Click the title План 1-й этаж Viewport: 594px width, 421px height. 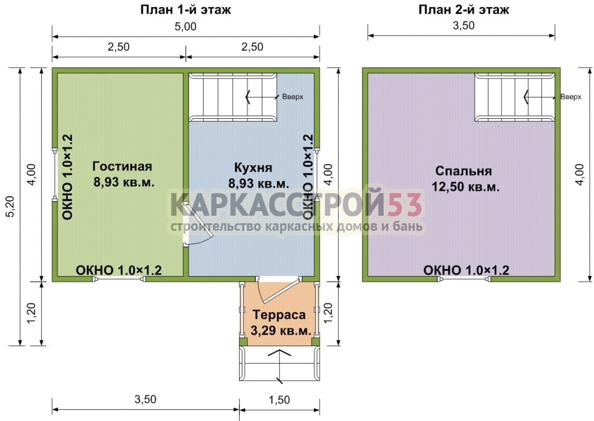(x=186, y=9)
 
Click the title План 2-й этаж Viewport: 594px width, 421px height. (x=463, y=9)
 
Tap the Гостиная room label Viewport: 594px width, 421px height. (x=122, y=166)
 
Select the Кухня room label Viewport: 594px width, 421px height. (x=253, y=168)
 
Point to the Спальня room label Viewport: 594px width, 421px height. (x=463, y=171)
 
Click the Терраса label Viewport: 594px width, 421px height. (x=279, y=315)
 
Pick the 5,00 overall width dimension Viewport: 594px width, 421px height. (x=186, y=27)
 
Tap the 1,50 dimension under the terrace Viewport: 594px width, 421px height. (x=279, y=400)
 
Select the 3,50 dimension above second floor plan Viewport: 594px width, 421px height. (x=463, y=26)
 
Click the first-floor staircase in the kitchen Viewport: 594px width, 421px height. (x=233, y=97)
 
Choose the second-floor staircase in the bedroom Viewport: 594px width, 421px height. (x=515, y=97)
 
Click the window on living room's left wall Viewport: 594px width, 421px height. (x=55, y=175)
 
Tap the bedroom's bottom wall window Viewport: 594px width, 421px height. (x=463, y=280)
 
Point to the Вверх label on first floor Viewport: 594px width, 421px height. (x=292, y=97)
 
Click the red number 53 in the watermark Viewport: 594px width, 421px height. (x=405, y=205)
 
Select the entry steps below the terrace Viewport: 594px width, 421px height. (x=279, y=364)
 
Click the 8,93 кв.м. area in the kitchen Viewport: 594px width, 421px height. (x=258, y=184)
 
